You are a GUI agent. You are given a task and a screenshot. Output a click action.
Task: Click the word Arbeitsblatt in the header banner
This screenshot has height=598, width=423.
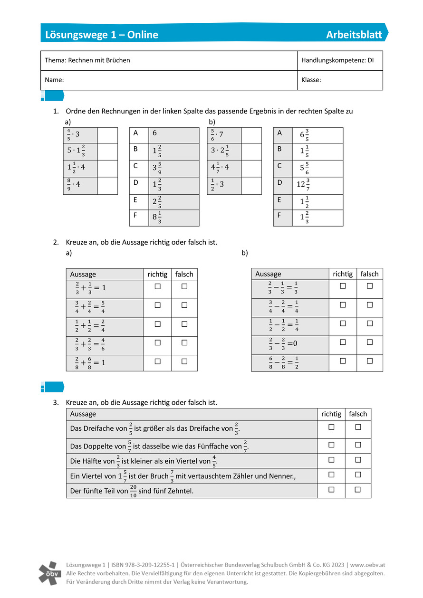tap(354, 35)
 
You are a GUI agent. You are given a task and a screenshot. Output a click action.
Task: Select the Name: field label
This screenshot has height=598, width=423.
tap(54, 80)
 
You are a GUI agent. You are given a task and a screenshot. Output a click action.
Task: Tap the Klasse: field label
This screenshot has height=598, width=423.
tap(311, 80)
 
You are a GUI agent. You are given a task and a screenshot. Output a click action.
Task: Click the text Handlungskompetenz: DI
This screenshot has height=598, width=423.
tap(337, 60)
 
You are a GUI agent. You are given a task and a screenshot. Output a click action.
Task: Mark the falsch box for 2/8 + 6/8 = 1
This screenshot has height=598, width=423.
tap(184, 361)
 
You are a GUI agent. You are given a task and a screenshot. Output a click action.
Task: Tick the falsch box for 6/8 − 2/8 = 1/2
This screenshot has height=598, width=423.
tap(369, 361)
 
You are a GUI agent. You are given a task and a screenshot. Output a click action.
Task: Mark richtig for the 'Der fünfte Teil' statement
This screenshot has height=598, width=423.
tap(331, 490)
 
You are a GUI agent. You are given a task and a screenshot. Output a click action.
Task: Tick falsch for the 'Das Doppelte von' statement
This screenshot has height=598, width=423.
tap(358, 445)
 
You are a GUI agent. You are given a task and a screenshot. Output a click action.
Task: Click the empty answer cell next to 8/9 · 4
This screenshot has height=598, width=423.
tap(107, 186)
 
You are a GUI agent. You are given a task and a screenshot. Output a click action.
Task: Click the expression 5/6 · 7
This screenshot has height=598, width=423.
tap(217, 135)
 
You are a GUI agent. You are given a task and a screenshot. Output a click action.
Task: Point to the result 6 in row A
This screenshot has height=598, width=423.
tap(155, 133)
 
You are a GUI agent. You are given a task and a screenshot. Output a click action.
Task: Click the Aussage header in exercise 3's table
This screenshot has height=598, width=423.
tap(83, 414)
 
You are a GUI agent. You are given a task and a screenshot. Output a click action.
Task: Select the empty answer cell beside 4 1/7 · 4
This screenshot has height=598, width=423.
tap(251, 169)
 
